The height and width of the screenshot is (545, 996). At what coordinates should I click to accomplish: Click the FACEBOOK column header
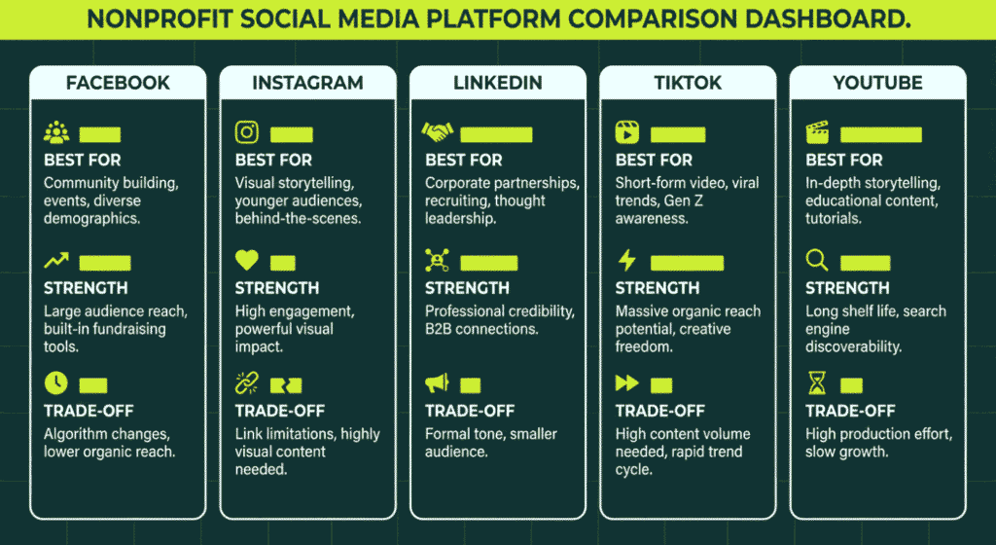[118, 83]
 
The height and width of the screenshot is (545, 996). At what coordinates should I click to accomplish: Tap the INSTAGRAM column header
[307, 83]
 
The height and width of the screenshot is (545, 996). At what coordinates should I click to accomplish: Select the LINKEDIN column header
[498, 83]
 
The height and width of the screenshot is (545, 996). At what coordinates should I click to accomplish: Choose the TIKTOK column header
[688, 83]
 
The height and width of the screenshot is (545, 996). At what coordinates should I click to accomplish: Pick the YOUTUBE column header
[877, 83]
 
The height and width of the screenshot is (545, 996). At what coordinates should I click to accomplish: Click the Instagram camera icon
[247, 133]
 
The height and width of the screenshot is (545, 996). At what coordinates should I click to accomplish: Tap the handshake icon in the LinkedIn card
[437, 132]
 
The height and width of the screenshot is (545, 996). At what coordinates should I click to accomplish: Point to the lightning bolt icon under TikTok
[627, 261]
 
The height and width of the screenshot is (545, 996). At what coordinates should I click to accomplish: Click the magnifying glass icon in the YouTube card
[817, 261]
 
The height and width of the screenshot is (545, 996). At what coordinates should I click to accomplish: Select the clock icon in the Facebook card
[55, 383]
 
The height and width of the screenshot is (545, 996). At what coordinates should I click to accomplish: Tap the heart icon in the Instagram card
[247, 261]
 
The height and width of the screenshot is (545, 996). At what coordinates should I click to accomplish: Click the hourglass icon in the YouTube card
[817, 383]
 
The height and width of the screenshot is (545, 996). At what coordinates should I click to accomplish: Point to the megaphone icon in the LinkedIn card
[437, 383]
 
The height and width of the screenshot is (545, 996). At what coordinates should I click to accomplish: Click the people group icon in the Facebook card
[56, 133]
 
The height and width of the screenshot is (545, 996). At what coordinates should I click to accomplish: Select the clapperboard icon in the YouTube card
[817, 133]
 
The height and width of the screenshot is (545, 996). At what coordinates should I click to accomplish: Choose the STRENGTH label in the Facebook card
[86, 288]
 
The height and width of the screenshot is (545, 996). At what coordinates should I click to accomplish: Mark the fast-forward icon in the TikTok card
[627, 383]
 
